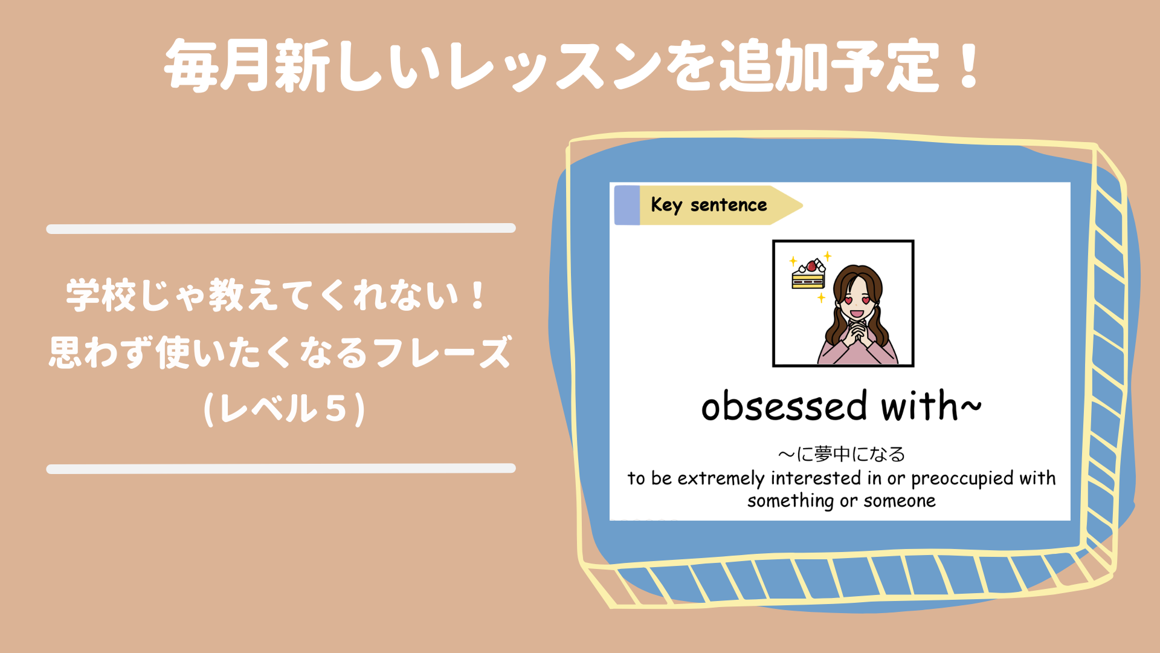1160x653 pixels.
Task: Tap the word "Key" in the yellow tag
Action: (666, 205)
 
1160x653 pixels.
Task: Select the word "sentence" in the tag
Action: (729, 206)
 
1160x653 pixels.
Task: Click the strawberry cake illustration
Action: (808, 275)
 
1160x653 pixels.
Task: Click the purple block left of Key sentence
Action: (627, 206)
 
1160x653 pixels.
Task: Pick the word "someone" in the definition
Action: (900, 501)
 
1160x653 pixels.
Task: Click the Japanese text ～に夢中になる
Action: (842, 454)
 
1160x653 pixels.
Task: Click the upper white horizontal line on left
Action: (281, 229)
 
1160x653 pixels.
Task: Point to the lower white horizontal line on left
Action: (281, 469)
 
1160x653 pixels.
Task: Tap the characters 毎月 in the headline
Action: (217, 65)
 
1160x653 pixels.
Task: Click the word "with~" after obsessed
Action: (931, 405)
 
